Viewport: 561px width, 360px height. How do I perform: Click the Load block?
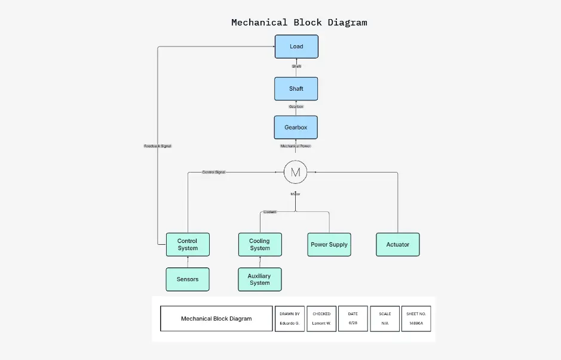point(296,47)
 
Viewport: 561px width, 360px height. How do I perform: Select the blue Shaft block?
point(296,89)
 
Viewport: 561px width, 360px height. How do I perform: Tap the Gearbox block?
point(296,128)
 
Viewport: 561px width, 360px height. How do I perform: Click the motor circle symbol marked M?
point(295,173)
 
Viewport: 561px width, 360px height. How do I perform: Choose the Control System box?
point(188,245)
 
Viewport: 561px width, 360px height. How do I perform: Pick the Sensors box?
point(188,279)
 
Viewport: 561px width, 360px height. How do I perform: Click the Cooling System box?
point(260,245)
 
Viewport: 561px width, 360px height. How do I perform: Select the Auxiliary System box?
point(259,279)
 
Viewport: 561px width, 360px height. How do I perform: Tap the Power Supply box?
point(329,245)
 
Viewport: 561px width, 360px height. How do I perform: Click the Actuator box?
point(398,245)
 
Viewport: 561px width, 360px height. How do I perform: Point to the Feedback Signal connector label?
point(158,146)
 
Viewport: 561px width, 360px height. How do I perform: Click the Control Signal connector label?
point(213,172)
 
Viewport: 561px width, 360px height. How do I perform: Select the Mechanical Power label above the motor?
point(296,146)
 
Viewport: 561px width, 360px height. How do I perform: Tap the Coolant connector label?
point(270,212)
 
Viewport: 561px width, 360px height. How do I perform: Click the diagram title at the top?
point(299,23)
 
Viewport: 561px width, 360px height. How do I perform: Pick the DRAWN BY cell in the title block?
point(290,319)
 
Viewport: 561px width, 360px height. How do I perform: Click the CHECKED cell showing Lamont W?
point(321,319)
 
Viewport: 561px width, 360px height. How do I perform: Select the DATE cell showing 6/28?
point(352,319)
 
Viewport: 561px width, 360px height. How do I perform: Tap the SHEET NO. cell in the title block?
point(416,319)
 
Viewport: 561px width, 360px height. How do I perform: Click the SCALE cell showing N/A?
point(385,319)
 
